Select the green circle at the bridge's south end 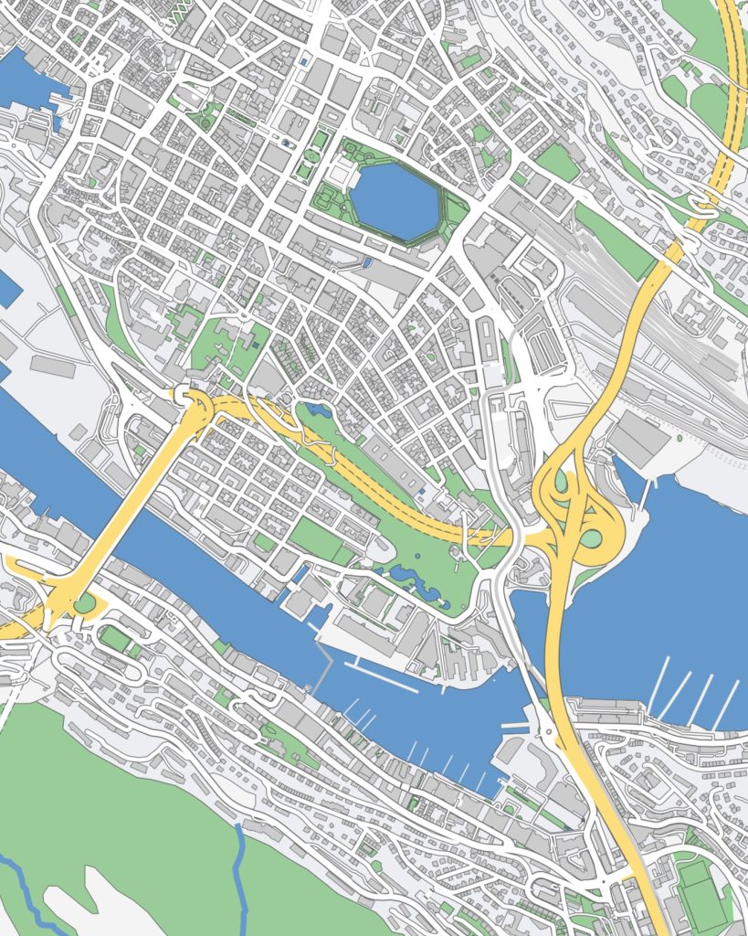point(85,603)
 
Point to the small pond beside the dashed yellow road point(319,409)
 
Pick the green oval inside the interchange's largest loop point(591,538)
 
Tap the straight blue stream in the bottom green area point(242,877)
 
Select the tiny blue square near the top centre point(303,61)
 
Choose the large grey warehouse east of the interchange point(639,439)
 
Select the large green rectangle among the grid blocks point(315,539)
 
